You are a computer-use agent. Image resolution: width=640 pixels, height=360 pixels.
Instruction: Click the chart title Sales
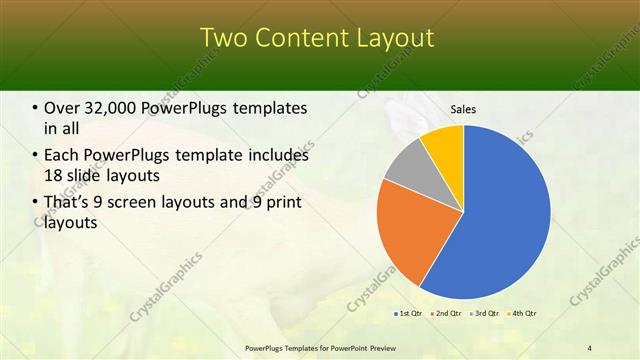click(x=463, y=109)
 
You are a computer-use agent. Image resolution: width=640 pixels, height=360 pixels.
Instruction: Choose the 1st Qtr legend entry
click(x=409, y=314)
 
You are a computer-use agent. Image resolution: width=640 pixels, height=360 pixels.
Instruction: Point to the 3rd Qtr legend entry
click(x=481, y=314)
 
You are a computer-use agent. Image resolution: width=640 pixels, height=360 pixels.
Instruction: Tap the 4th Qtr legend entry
click(x=519, y=314)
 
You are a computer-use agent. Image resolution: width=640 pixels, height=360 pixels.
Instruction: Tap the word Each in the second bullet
click(x=62, y=155)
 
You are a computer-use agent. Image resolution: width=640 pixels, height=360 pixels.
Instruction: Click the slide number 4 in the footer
click(x=589, y=347)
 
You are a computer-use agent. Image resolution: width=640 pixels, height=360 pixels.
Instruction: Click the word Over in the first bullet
click(x=63, y=108)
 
